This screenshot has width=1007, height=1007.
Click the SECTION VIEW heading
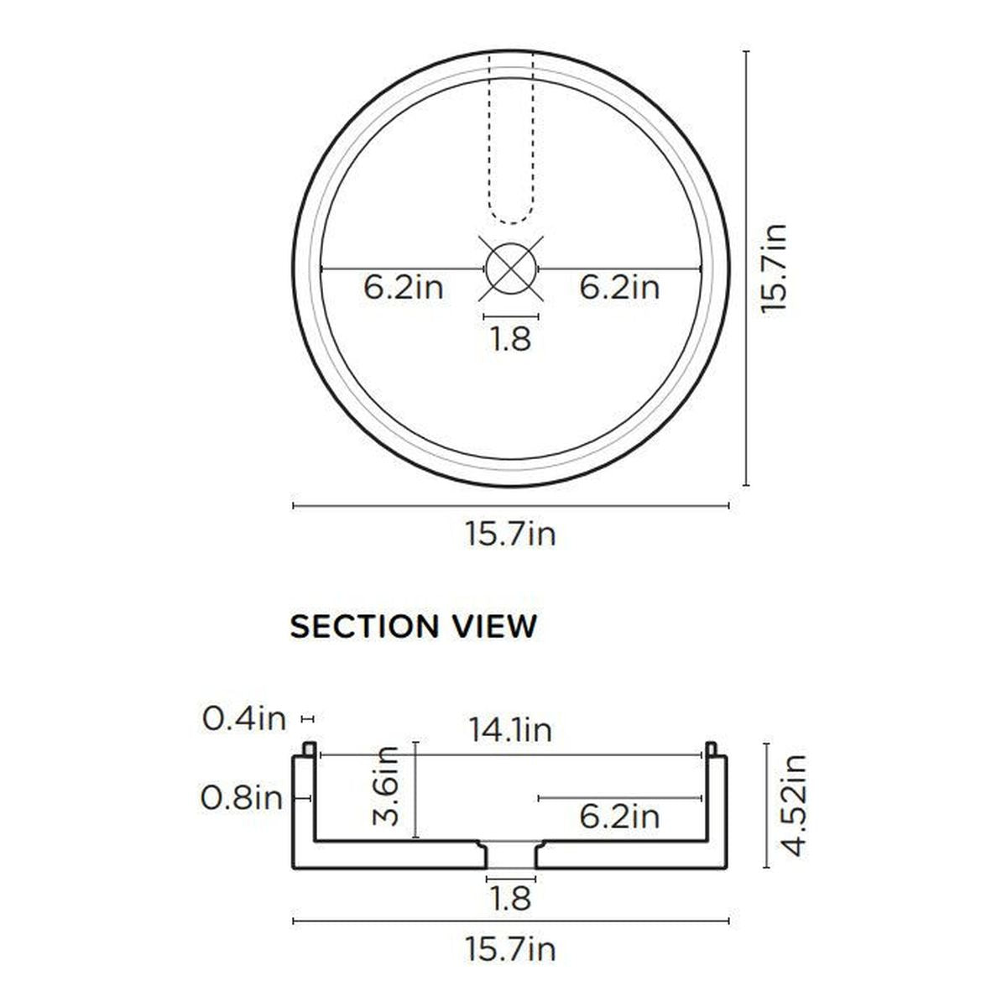413,627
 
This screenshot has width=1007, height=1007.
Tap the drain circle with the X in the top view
510,269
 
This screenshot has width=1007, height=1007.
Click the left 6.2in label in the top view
404,288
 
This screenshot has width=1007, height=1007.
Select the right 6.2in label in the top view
619,288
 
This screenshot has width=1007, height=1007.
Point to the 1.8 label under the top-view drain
510,340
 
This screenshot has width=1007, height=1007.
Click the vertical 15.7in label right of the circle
774,268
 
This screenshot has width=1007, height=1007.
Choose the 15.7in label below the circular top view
510,534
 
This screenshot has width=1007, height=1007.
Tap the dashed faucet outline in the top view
510,138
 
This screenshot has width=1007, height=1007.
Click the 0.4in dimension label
244,719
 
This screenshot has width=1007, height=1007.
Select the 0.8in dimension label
243,798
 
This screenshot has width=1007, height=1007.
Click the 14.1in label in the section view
510,730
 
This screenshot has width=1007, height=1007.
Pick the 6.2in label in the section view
619,816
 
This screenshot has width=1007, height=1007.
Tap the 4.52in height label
793,805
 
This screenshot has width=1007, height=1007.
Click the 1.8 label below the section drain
510,899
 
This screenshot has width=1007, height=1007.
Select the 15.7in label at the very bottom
510,950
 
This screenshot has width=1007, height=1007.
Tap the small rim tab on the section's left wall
309,748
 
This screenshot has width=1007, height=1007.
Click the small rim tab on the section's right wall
712,748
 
